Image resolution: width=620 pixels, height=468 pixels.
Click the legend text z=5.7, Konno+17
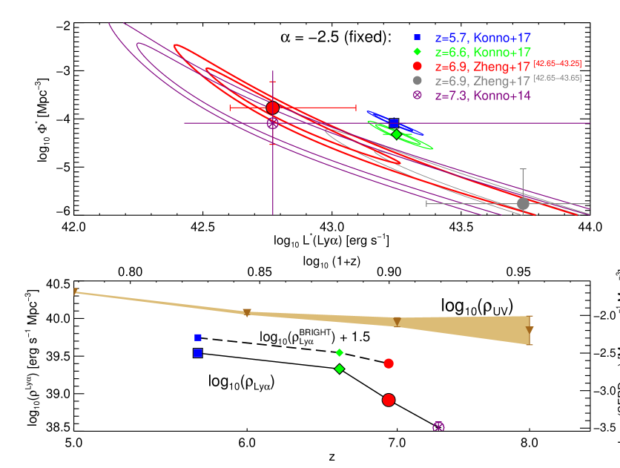(483, 37)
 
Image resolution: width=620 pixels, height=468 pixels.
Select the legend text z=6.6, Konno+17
(483, 52)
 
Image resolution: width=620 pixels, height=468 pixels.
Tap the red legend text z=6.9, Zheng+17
(483, 67)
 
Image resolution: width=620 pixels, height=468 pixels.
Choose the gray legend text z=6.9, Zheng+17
(483, 81)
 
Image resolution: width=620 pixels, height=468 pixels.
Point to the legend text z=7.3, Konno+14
(483, 96)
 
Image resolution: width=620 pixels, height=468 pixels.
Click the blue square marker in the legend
(418, 37)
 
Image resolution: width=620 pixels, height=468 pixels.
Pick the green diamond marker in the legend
(418, 52)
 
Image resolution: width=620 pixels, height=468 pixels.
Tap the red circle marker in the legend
(418, 66)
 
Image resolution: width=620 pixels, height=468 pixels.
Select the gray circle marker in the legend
(418, 80)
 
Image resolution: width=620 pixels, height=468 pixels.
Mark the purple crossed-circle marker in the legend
(418, 95)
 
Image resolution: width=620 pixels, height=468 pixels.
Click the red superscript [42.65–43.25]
(557, 64)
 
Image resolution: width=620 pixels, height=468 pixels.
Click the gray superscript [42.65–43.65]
(557, 78)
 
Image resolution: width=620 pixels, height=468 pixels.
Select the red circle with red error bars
(272, 108)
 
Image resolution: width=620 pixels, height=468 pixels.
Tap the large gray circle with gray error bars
(523, 203)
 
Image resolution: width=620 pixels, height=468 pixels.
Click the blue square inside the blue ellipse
(394, 122)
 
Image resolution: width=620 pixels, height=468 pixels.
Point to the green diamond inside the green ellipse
(397, 134)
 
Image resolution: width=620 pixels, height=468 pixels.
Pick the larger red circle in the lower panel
(389, 400)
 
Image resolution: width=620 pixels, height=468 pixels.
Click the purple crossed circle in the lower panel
(438, 426)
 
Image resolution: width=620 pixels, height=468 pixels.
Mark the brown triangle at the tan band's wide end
(530, 331)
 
